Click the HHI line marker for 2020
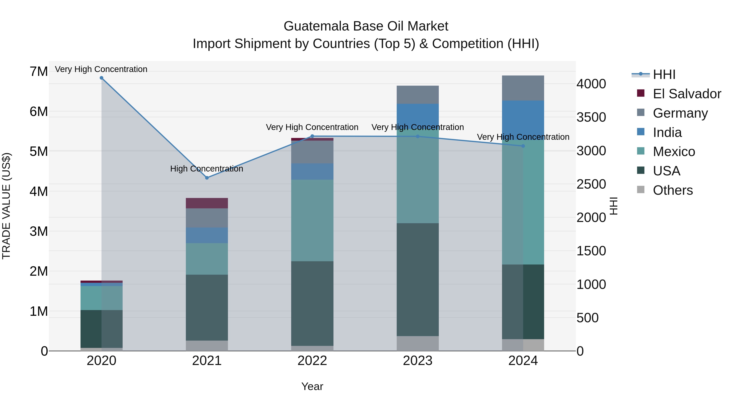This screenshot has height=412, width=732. [101, 78]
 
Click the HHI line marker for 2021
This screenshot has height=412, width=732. [207, 178]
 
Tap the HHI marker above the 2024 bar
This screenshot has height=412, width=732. [523, 146]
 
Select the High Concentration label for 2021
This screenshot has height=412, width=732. [207, 169]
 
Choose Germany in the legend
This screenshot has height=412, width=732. [680, 113]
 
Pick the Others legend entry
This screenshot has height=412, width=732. [673, 190]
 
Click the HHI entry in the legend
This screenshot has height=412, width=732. [664, 74]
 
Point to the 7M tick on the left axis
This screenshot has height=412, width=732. [39, 71]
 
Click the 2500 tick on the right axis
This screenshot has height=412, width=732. [591, 184]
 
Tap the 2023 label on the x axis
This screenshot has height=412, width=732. [417, 361]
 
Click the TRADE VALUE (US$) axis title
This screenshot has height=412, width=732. [6, 206]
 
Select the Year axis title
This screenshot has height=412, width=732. [312, 386]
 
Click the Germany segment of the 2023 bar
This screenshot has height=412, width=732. [417, 95]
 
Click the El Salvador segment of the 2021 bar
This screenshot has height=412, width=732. [207, 203]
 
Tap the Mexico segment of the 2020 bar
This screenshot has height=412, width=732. [101, 298]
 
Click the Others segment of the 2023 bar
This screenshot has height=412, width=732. [417, 343]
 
